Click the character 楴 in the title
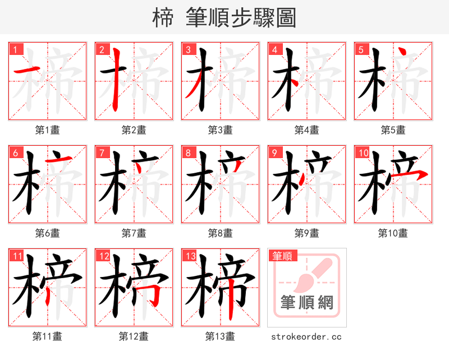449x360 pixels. tap(163, 17)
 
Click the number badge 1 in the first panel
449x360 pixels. tap(15, 49)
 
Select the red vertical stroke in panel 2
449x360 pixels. tap(116, 79)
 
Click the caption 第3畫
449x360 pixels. tap(220, 130)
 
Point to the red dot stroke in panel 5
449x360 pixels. tap(402, 53)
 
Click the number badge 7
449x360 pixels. tap(101, 153)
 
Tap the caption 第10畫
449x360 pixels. tap(393, 233)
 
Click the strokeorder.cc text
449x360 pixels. tap(306, 336)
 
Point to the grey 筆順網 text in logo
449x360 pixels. tap(306, 303)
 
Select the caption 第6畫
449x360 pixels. tap(47, 233)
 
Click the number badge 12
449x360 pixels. tap(103, 256)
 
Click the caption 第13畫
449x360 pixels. tap(220, 336)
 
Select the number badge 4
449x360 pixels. tap(274, 49)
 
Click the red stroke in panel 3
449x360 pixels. tap(193, 87)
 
